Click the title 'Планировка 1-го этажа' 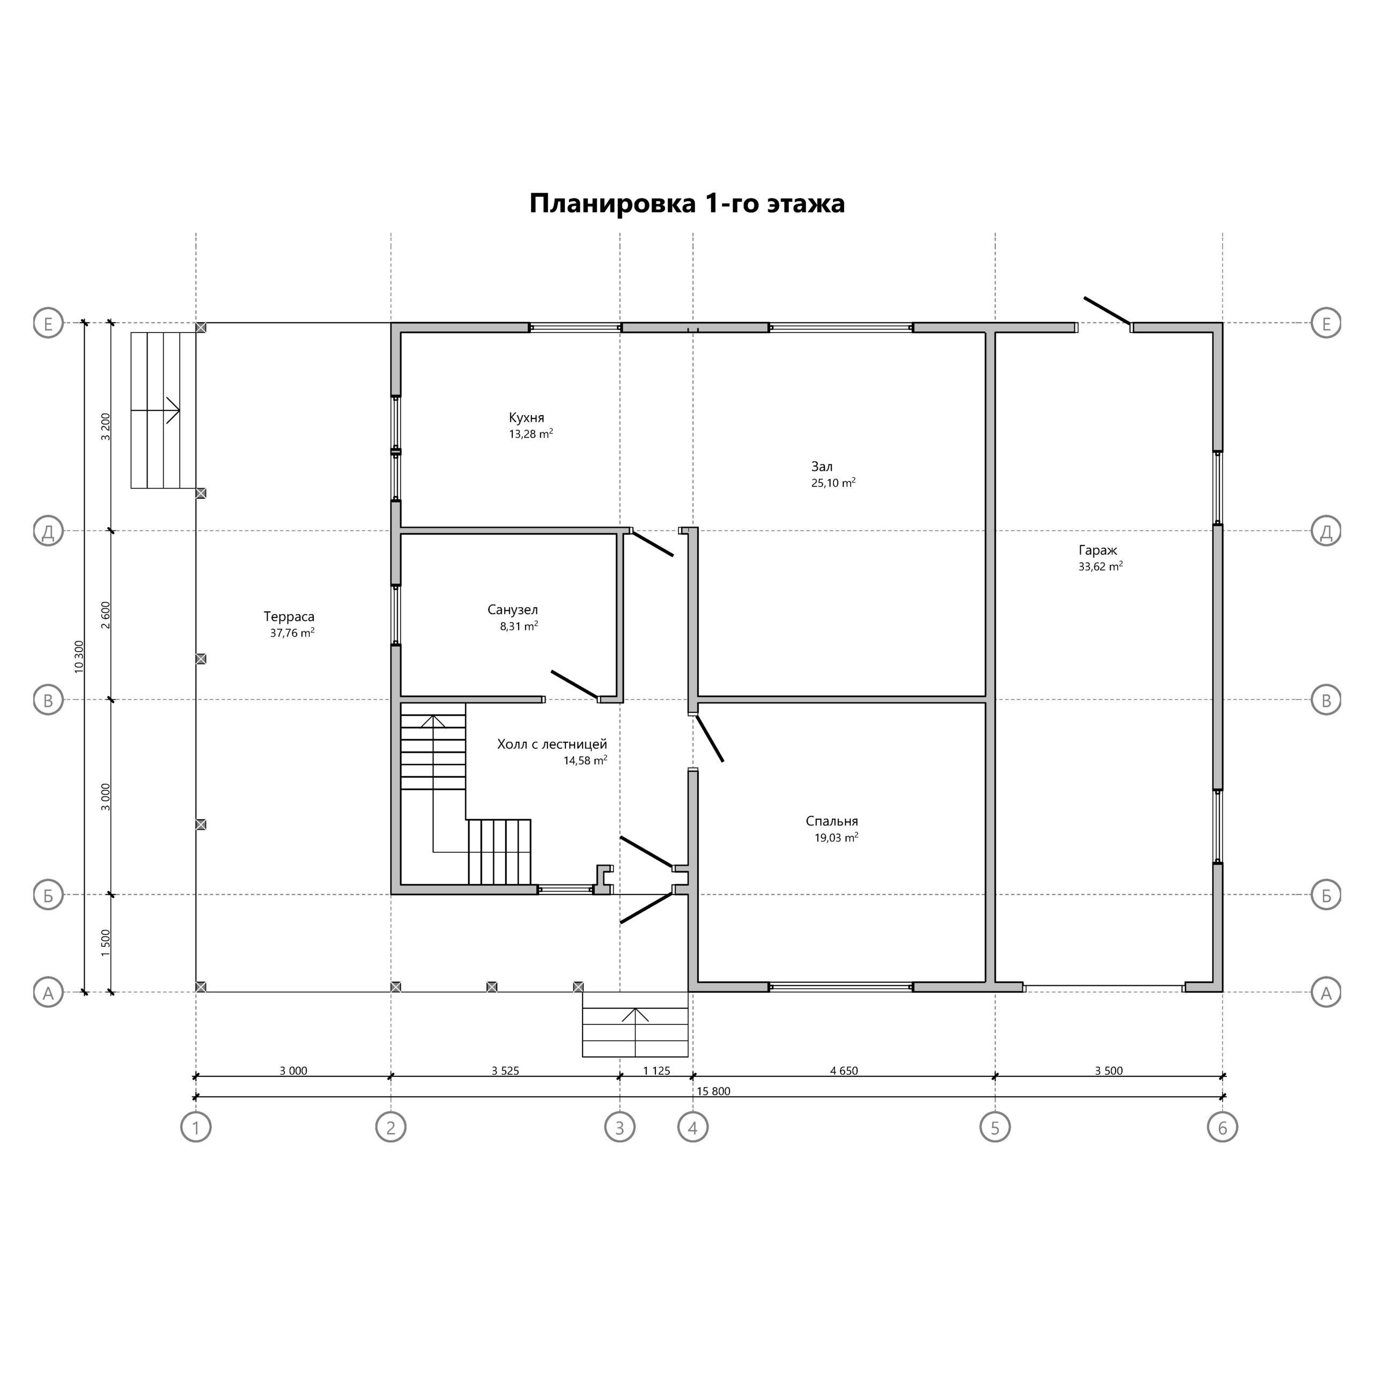click(x=686, y=204)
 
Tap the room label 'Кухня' click(x=526, y=418)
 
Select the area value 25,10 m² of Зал click(x=833, y=483)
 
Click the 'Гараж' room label click(x=1097, y=550)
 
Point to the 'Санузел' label click(x=512, y=610)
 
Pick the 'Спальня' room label click(x=831, y=822)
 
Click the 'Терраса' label click(x=289, y=617)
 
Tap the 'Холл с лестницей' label click(x=552, y=744)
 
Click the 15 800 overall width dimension click(x=713, y=1091)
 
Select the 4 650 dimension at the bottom click(x=844, y=1071)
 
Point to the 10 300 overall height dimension click(x=79, y=656)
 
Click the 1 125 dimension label click(x=656, y=1071)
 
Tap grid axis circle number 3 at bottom click(x=619, y=1127)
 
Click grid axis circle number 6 click(x=1222, y=1127)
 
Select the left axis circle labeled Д click(x=48, y=531)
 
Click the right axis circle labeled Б click(x=1326, y=895)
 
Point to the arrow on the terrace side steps click(x=155, y=411)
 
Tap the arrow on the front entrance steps click(x=636, y=1031)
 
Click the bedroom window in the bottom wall click(x=841, y=986)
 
